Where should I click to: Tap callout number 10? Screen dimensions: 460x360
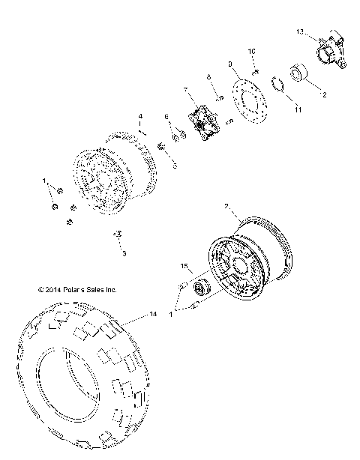point(253,51)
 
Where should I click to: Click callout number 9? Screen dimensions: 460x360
point(229,64)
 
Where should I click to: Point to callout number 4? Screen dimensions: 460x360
point(140,115)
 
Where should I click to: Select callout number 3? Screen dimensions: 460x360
point(124,254)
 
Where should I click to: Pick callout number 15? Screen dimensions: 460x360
point(183,266)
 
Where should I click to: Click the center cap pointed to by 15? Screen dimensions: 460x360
point(201,288)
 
